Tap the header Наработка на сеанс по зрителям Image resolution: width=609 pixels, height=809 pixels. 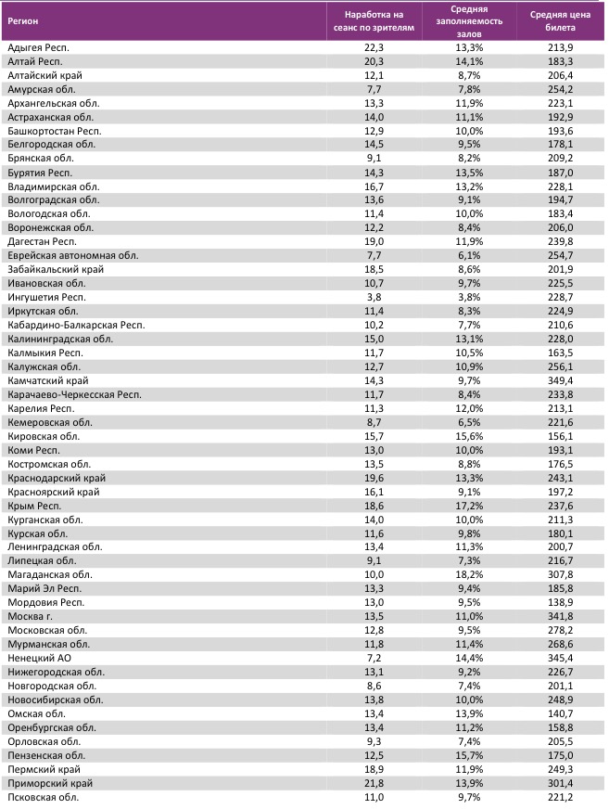tap(374, 21)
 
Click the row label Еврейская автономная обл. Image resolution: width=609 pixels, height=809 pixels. tap(72, 255)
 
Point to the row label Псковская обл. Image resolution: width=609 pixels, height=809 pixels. tap(43, 797)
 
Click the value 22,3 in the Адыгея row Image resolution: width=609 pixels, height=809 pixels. tap(374, 46)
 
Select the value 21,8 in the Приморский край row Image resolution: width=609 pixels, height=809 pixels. tap(374, 784)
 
